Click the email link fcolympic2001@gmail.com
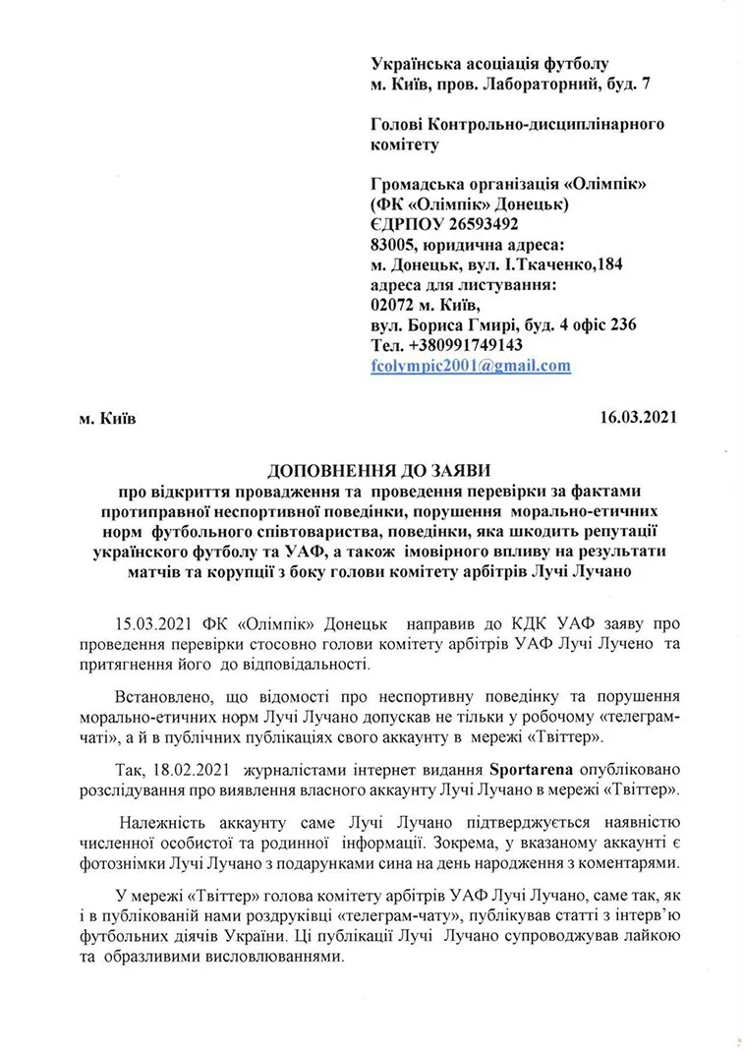471,365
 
